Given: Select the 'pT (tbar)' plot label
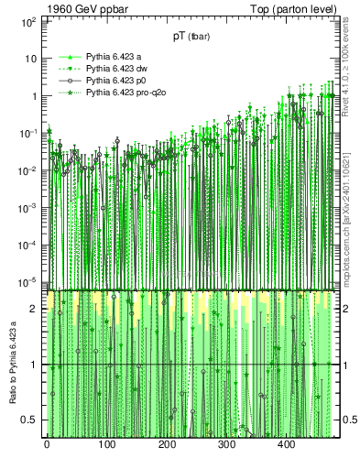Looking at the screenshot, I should [x=191, y=37].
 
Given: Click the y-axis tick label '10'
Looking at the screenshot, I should [x=30, y=58].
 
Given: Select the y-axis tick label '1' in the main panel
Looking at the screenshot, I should [x=33, y=96].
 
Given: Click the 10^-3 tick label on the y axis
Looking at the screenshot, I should [x=27, y=208].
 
